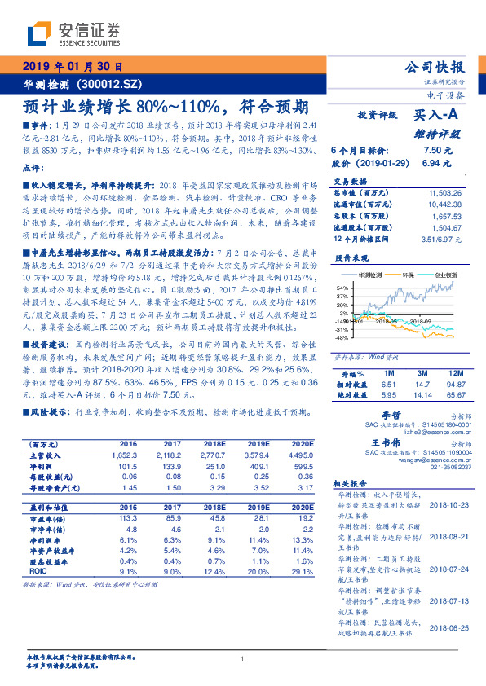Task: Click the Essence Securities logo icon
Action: click(39, 33)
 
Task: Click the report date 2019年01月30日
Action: click(71, 67)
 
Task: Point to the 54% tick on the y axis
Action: click(342, 288)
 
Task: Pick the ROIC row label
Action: click(38, 573)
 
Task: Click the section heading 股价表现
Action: click(347, 257)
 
